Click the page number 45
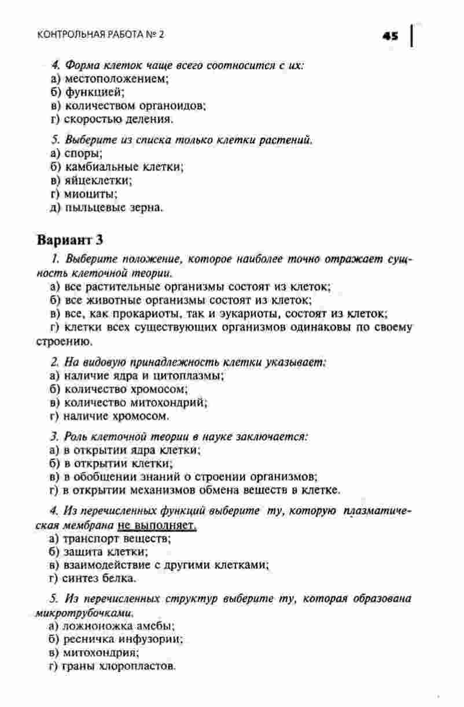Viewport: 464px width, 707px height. [391, 35]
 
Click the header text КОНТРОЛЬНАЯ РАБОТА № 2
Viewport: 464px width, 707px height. [101, 35]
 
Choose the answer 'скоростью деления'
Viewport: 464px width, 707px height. [119, 120]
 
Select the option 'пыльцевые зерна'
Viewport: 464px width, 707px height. [112, 208]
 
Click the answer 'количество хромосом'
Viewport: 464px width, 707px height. [118, 389]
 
